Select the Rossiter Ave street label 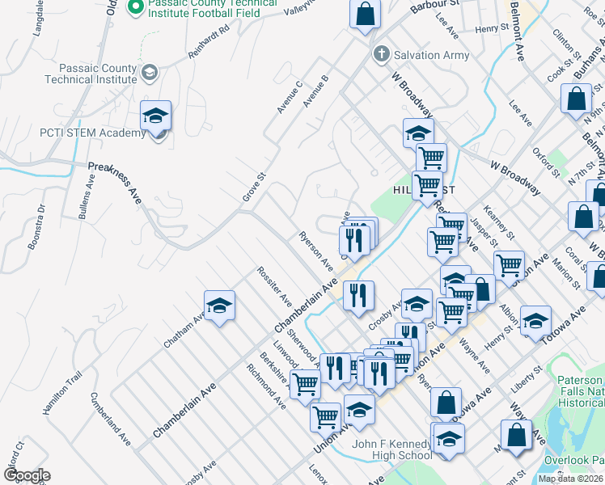point(274,286)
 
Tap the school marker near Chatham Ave point(219,306)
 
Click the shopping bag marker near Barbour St point(365,14)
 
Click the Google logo point(27,475)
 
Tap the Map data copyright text point(571,479)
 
